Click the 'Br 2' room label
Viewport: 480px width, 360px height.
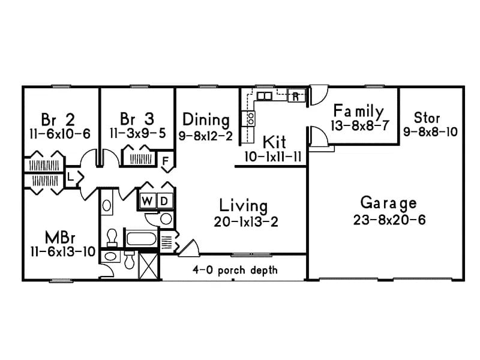click(58, 117)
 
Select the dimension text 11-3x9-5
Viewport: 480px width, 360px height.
click(137, 133)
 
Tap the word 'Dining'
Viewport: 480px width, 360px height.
click(206, 119)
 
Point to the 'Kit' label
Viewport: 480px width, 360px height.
click(274, 142)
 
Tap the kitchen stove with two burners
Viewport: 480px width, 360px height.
click(246, 118)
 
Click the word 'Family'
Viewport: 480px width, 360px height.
click(358, 111)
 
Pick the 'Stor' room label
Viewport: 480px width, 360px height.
click(427, 117)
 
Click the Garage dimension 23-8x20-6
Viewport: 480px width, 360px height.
click(389, 220)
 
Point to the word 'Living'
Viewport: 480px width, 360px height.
click(243, 204)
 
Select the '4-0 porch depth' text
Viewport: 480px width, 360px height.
click(235, 270)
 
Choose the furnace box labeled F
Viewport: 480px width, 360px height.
click(166, 160)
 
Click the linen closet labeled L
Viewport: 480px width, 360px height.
click(71, 178)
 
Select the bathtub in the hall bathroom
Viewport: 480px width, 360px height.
click(141, 239)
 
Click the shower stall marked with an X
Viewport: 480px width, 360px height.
click(148, 265)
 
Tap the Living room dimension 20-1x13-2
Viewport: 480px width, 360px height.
click(245, 221)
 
